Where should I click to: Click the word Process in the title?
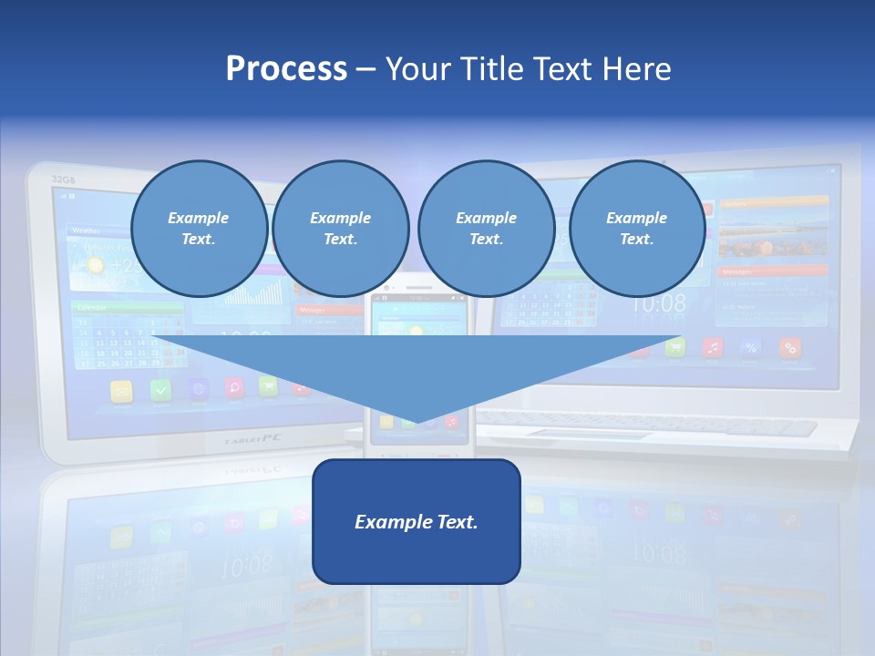(x=286, y=68)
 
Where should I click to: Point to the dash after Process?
(x=365, y=70)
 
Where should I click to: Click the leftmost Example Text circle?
(x=199, y=229)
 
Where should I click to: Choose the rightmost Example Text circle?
(x=637, y=229)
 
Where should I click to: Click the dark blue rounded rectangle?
(x=417, y=521)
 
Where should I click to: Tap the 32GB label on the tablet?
(x=63, y=179)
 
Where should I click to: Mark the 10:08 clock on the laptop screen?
(x=658, y=304)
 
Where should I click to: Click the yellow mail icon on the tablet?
(x=122, y=391)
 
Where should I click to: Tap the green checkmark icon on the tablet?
(x=160, y=390)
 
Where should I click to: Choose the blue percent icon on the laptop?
(x=751, y=347)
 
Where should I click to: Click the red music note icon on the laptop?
(x=713, y=347)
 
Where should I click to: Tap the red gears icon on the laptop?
(x=790, y=347)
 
